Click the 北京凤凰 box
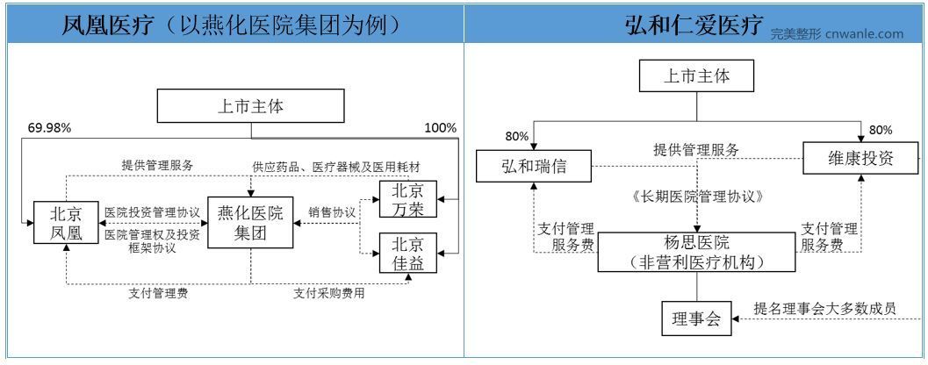tap(66, 223)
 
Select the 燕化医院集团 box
tap(249, 223)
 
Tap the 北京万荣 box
tap(407, 199)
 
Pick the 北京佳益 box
tap(407, 254)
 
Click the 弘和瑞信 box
tap(534, 165)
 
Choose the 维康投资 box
tap(860, 158)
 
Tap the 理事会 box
tap(696, 318)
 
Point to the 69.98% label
tap(50, 128)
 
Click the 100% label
tap(441, 127)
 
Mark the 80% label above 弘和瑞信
tap(516, 137)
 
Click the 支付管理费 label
tap(158, 293)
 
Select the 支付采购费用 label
tap(329, 293)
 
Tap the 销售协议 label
tap(332, 211)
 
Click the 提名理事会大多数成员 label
tap(824, 308)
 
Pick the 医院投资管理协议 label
tap(152, 211)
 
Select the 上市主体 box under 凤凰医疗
tap(251, 106)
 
